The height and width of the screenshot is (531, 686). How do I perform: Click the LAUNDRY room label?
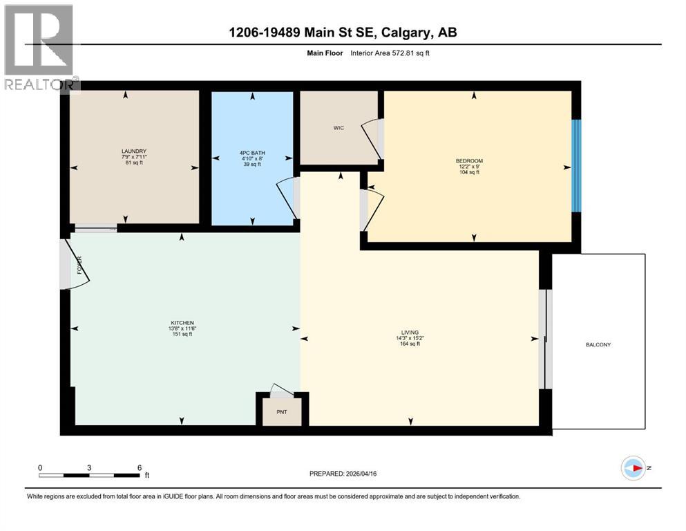134,151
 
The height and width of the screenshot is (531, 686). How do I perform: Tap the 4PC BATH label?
252,153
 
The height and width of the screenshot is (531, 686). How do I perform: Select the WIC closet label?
339,128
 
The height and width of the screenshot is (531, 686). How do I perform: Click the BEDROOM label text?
474,160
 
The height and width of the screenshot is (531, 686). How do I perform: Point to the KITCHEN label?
182,323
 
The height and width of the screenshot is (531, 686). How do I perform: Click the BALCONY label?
598,344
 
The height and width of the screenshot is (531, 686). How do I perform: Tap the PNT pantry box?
281,412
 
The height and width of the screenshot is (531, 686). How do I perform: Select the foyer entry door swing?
75,265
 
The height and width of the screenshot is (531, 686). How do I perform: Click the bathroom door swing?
287,198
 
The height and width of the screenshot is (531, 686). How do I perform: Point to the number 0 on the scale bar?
40,467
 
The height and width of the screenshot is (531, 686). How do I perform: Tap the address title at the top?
343,32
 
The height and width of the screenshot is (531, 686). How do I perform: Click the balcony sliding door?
544,339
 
